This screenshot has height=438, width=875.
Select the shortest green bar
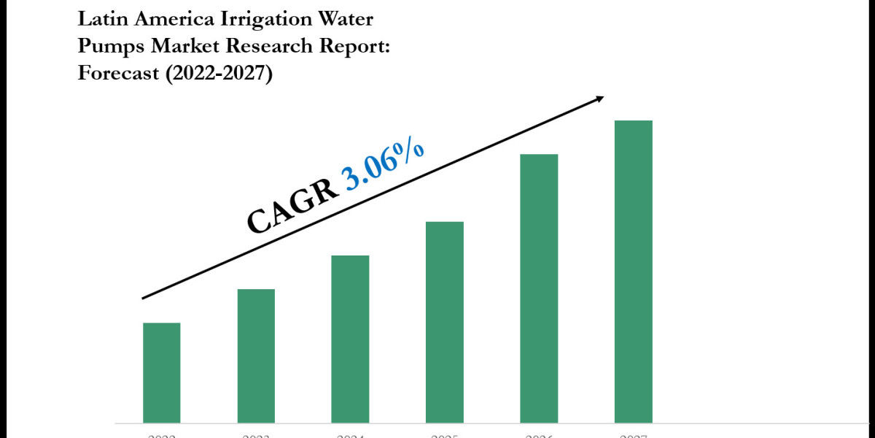pyautogui.click(x=161, y=372)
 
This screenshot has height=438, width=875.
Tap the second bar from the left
pyautogui.click(x=256, y=356)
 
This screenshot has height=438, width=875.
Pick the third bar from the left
pyautogui.click(x=350, y=339)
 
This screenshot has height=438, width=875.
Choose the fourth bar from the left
pyautogui.click(x=445, y=322)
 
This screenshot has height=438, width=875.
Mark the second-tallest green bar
pyautogui.click(x=539, y=288)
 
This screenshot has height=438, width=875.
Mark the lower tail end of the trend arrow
pyautogui.click(x=144, y=298)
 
